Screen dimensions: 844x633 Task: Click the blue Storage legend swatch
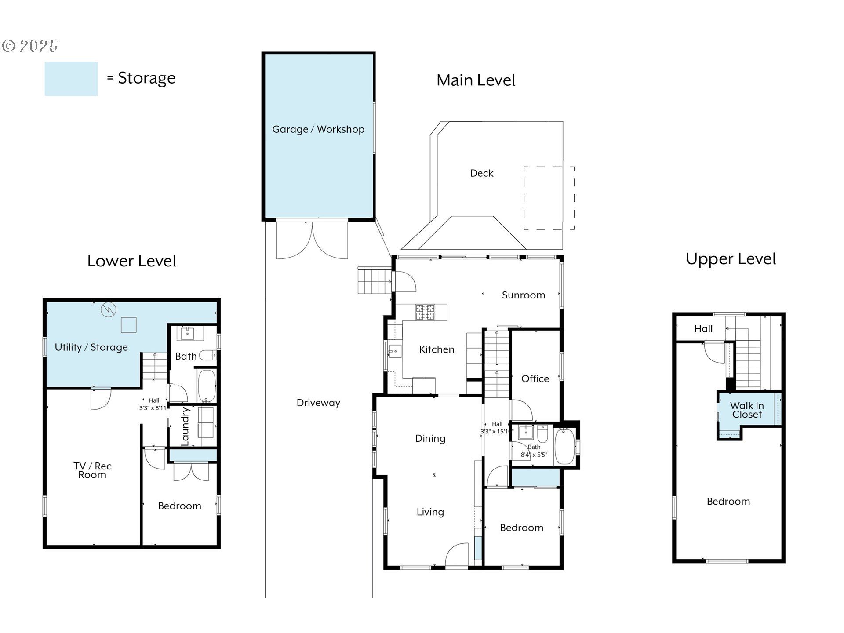tap(71, 79)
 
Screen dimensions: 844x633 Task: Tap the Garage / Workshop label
tap(318, 129)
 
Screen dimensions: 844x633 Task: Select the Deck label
tap(482, 173)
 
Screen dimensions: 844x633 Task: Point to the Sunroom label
tap(524, 295)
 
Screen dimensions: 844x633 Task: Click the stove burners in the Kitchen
tap(425, 312)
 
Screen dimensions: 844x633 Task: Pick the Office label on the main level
tap(535, 378)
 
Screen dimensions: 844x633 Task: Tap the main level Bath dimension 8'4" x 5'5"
tap(534, 455)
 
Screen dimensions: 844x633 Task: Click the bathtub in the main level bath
tap(565, 446)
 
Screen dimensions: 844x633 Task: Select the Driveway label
tap(318, 403)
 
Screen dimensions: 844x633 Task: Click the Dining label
tap(430, 438)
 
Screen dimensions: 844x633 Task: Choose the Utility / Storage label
tap(91, 347)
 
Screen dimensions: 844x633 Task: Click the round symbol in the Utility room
tap(108, 310)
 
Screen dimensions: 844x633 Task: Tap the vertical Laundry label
tap(185, 426)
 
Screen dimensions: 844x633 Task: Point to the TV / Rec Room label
tap(92, 470)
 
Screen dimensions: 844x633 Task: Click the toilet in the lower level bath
tap(207, 355)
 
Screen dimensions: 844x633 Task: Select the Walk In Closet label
tap(747, 410)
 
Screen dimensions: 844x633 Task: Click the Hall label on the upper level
tap(703, 329)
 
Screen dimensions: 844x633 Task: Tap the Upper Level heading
tap(731, 259)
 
